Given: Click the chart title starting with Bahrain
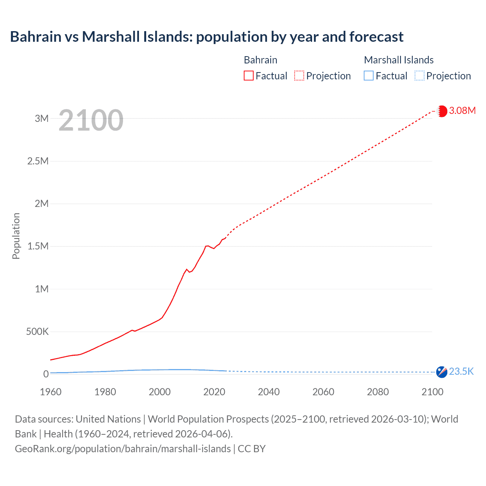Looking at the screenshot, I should [x=207, y=37].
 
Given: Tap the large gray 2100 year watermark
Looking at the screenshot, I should [x=91, y=120].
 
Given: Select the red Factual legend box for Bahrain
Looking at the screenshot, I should [x=249, y=76].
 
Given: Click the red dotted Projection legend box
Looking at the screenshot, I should [x=299, y=76].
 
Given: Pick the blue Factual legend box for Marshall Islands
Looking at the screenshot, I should [x=369, y=76].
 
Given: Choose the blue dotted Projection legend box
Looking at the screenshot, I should [x=420, y=76].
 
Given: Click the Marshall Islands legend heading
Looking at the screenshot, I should [x=399, y=60].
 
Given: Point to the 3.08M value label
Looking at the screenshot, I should [x=462, y=110].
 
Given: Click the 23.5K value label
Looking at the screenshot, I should [x=461, y=371].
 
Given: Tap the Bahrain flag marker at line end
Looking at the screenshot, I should [x=442, y=111].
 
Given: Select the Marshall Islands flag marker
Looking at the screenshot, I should [x=442, y=372].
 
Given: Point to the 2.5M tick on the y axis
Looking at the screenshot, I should [x=38, y=161].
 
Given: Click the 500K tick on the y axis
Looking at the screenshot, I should [x=37, y=331].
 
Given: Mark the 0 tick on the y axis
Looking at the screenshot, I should [x=46, y=374].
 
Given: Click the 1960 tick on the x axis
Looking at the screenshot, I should [x=50, y=392].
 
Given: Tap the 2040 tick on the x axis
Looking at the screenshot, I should [x=269, y=392].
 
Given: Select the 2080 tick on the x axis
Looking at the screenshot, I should [x=378, y=392].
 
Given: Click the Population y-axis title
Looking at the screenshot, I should [x=16, y=236].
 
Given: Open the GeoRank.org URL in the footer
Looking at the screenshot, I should [x=123, y=448].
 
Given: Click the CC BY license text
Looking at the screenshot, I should [x=252, y=448].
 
